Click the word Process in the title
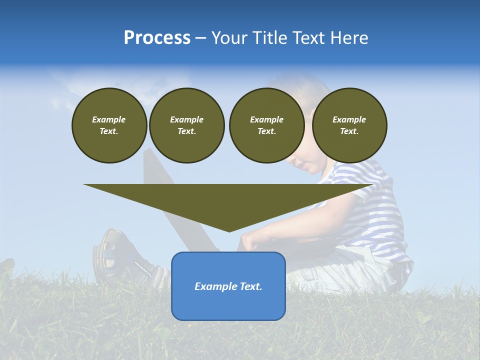click(157, 38)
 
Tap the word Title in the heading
click(267, 38)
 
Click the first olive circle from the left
click(109, 125)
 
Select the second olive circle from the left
click(186, 125)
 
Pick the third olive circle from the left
click(266, 125)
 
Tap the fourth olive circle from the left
click(349, 125)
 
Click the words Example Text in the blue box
click(228, 286)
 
